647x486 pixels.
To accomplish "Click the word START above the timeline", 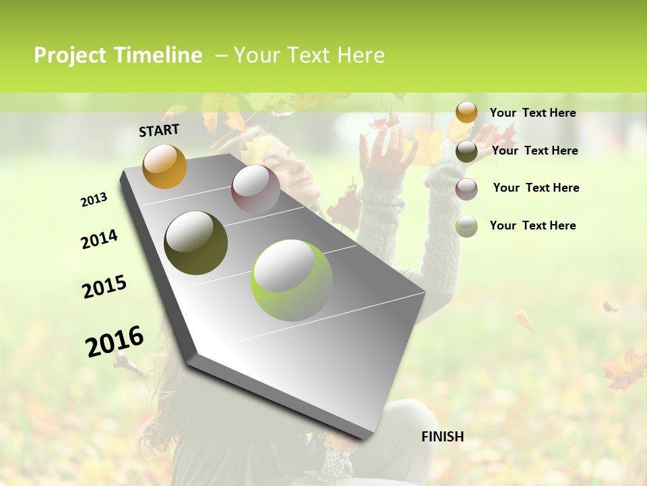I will [159, 130].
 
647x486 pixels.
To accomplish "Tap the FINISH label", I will [442, 437].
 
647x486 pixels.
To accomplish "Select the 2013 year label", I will [94, 200].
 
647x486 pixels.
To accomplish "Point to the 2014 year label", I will [99, 239].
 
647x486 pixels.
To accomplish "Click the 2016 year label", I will [115, 342].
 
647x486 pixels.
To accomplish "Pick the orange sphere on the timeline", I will [164, 166].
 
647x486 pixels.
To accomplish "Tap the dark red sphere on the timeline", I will [255, 189].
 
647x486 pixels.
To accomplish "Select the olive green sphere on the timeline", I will [195, 243].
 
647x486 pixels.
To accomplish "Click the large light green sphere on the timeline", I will [291, 279].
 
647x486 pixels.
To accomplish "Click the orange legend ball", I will [466, 112].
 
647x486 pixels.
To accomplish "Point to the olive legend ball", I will [466, 151].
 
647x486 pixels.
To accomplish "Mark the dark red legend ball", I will [466, 188].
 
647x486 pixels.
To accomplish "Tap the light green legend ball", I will [466, 226].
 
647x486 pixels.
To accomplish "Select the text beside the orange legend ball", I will [532, 113].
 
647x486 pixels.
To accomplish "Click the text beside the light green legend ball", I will [532, 225].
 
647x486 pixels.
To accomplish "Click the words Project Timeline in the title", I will [118, 55].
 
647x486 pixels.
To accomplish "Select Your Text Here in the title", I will [309, 55].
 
